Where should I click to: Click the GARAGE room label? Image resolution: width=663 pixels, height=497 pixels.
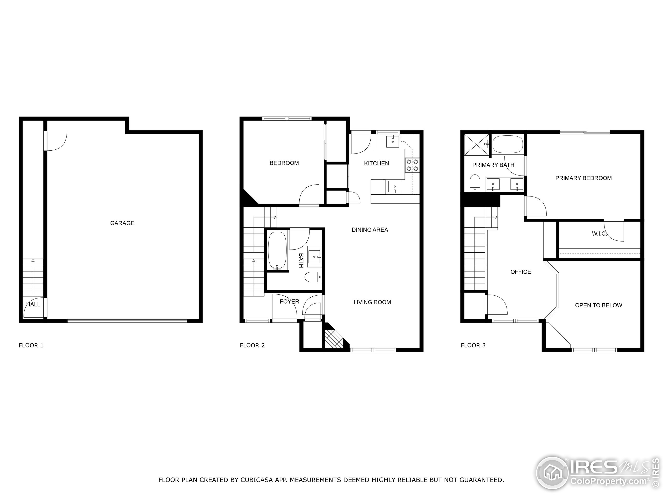[122, 223]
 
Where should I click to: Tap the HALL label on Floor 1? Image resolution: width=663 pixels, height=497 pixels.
[33, 304]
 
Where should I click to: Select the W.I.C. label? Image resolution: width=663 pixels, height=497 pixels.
[599, 234]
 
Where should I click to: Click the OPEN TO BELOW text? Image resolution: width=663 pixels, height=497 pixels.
[598, 305]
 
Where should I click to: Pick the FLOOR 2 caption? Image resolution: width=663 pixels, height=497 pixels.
[252, 345]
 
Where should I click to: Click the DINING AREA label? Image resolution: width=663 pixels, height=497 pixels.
[370, 230]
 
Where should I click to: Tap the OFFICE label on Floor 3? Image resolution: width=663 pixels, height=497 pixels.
[521, 272]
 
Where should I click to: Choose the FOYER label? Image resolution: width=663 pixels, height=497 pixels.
[289, 301]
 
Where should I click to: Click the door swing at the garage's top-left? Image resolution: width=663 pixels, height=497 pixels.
[56, 141]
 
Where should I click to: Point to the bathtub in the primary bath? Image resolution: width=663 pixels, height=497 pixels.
[508, 145]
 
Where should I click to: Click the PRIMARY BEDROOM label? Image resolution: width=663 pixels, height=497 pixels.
[583, 178]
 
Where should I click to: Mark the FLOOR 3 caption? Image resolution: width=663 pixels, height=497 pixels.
[473, 345]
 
